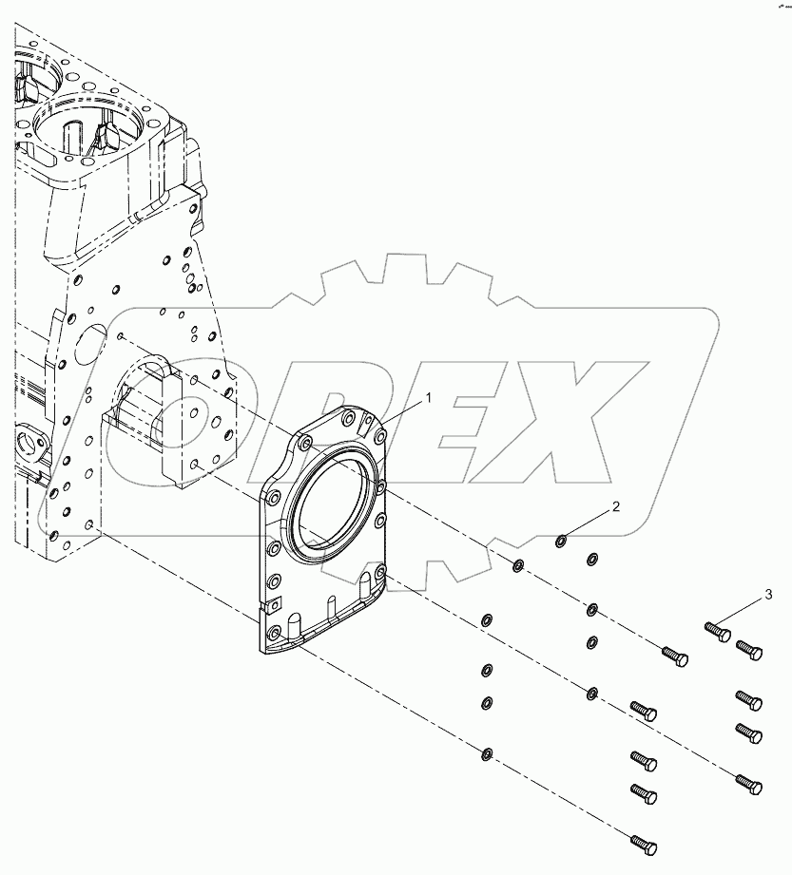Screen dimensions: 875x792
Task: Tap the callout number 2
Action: [x=615, y=507]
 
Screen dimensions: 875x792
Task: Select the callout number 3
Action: [x=768, y=596]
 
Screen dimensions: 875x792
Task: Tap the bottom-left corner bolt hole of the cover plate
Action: [x=274, y=632]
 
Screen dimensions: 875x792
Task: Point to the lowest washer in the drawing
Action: [x=487, y=754]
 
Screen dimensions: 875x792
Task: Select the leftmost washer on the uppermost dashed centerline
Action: [x=518, y=567]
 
